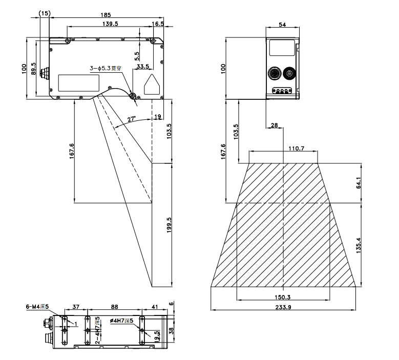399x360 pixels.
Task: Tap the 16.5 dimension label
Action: coord(158,24)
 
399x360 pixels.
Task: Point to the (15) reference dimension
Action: coord(45,14)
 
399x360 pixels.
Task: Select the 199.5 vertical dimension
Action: coord(170,225)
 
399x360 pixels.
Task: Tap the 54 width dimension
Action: coord(283,24)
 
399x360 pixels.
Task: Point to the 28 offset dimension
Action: coord(274,125)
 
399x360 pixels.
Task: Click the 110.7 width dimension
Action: coord(282,149)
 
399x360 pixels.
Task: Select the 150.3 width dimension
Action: coord(282,298)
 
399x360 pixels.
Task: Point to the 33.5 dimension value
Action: coord(143,67)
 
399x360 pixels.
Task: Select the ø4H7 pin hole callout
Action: coord(121,321)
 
